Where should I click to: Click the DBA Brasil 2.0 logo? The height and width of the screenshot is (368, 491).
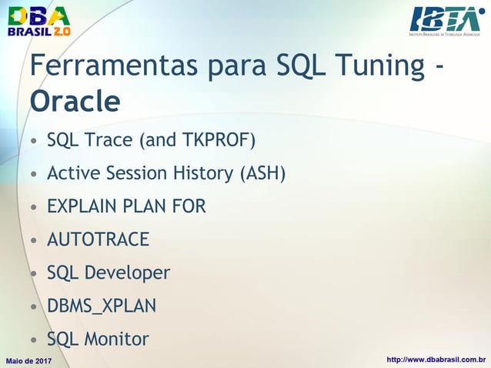(38, 21)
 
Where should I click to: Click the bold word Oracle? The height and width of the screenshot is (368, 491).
(75, 101)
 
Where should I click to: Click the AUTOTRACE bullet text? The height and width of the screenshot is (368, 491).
(98, 240)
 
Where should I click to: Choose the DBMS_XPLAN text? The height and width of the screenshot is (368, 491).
(102, 306)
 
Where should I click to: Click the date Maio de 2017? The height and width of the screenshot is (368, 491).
(28, 360)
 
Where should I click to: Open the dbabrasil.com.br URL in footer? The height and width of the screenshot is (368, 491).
(436, 360)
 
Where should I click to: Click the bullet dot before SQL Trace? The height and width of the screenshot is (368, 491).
(33, 142)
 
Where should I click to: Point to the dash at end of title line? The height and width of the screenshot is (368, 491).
(438, 69)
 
